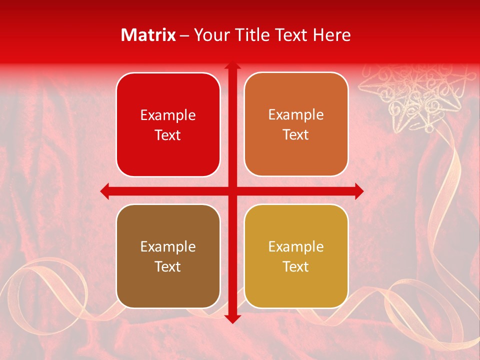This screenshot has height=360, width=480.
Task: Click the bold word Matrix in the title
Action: pos(148,35)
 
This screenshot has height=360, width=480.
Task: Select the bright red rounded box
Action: pos(168,125)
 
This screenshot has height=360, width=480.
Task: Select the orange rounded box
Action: pos(296,124)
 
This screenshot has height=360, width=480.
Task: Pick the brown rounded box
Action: pos(168,256)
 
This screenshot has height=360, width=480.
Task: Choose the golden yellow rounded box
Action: pos(296,256)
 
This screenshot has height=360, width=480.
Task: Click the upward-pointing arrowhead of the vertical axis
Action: pos(232,66)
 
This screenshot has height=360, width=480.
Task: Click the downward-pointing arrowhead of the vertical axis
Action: pos(232,318)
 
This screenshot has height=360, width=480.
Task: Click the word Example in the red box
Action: pos(168,115)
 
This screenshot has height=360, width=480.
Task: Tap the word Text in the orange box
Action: pos(296,135)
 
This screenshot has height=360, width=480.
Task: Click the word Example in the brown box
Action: pos(168,246)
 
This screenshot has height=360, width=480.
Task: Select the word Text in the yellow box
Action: pos(296,266)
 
